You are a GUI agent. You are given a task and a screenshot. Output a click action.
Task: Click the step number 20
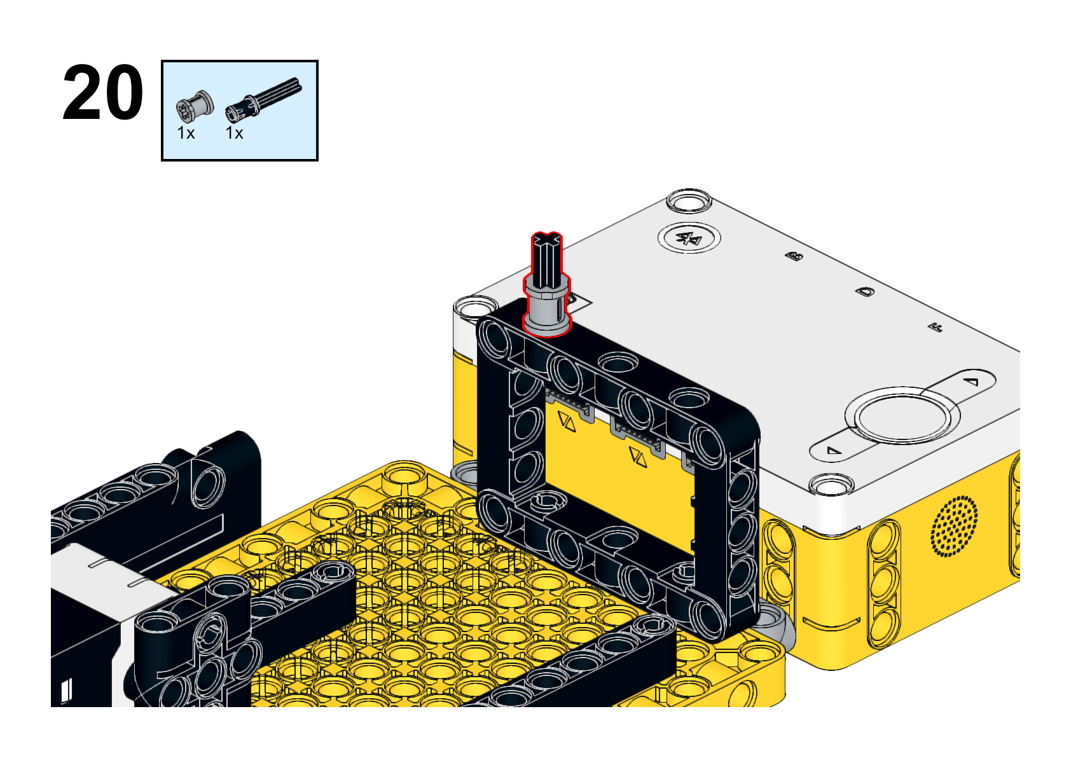(x=103, y=93)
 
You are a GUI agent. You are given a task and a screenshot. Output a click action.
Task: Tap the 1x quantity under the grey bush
(x=186, y=134)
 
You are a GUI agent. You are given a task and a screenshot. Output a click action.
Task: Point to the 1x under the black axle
(x=234, y=134)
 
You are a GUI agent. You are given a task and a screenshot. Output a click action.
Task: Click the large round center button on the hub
(x=902, y=415)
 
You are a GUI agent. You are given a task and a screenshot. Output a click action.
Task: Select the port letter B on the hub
(x=794, y=256)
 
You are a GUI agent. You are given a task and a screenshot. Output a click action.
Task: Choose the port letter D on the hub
(x=864, y=291)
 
